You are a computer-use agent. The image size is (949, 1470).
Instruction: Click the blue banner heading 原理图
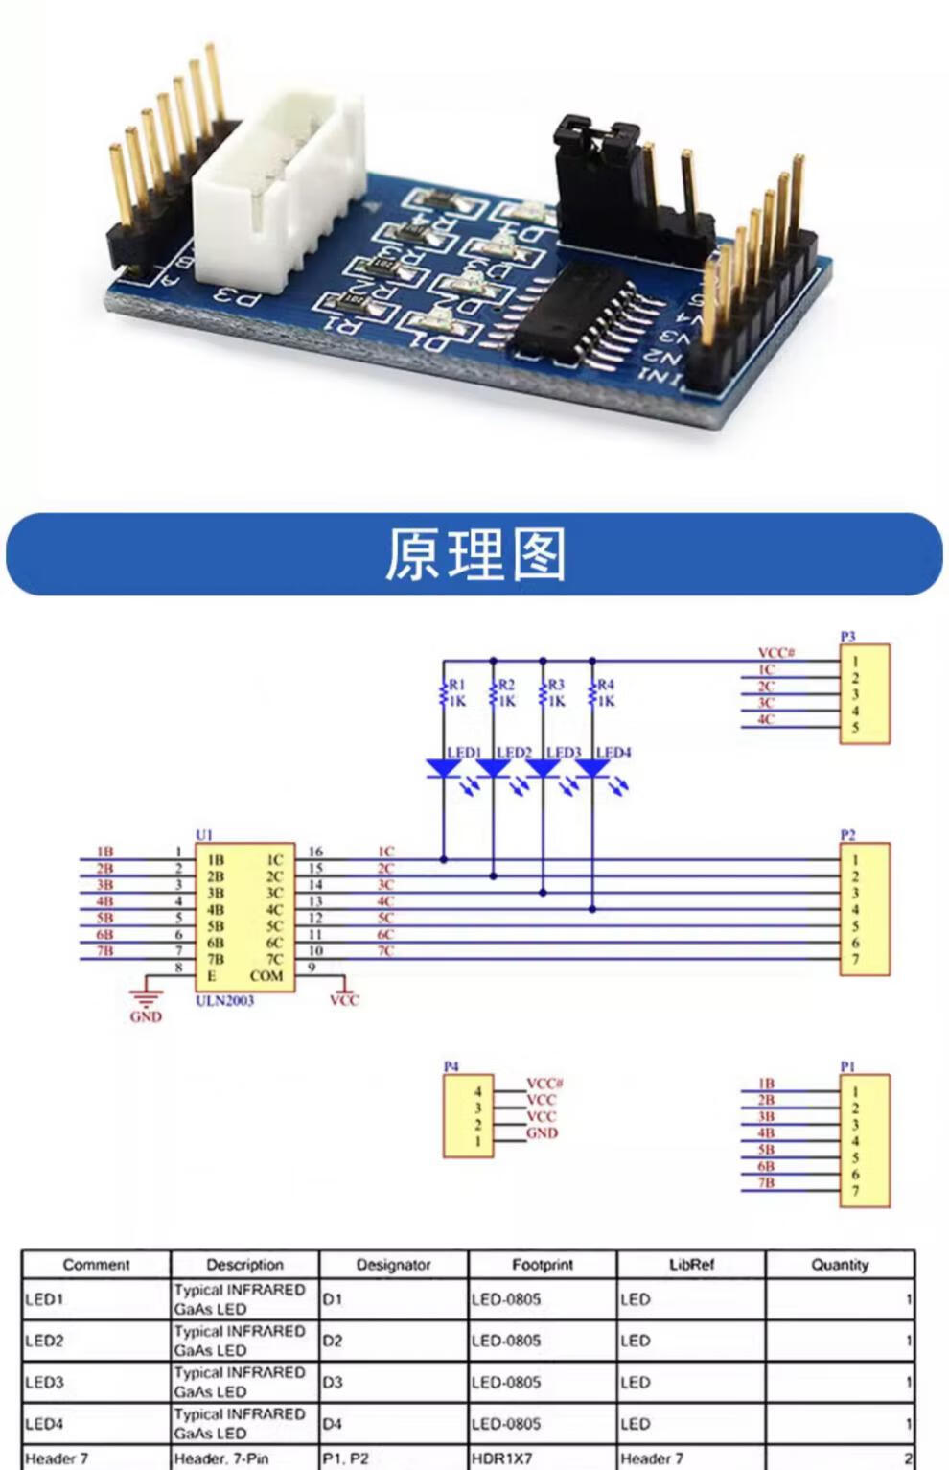point(474,554)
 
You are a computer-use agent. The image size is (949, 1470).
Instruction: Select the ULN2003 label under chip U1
point(224,1001)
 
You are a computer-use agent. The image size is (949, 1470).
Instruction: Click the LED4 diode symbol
point(592,768)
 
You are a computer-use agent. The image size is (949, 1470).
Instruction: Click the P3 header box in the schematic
point(864,694)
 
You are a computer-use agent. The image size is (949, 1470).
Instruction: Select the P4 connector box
point(468,1116)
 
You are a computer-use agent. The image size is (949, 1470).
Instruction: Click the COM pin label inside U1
point(266,976)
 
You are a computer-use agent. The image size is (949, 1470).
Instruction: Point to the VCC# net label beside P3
point(775,653)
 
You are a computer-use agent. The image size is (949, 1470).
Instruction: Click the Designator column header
point(393,1265)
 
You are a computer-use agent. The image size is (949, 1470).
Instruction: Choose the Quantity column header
point(840,1265)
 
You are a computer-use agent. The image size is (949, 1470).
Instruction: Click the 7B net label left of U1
point(104,951)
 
